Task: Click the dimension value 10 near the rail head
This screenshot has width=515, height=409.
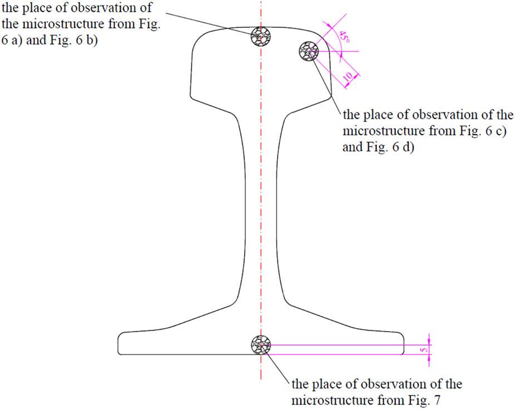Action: pyautogui.click(x=348, y=76)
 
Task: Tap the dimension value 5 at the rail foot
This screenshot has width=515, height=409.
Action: pyautogui.click(x=424, y=350)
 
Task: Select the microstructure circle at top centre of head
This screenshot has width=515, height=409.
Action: pyautogui.click(x=261, y=36)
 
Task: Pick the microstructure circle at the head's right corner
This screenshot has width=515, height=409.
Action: pyautogui.click(x=309, y=51)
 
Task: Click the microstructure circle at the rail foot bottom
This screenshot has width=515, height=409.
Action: pyautogui.click(x=261, y=345)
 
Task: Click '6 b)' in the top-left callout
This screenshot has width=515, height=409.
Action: pyautogui.click(x=86, y=41)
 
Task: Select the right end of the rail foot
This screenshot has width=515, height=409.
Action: pyautogui.click(x=404, y=343)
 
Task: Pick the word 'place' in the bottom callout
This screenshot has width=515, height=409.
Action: pyautogui.click(x=329, y=385)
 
